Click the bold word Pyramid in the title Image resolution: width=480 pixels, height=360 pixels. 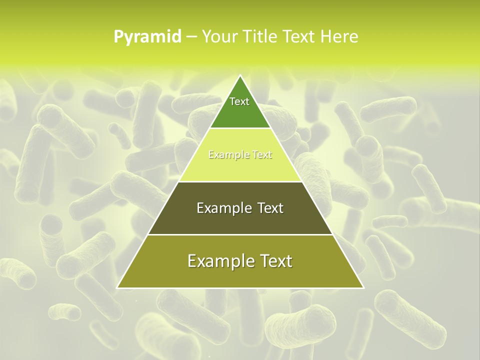point(147,37)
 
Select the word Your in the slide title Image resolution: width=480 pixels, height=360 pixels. point(219,36)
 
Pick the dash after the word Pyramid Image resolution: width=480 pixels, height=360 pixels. point(191,37)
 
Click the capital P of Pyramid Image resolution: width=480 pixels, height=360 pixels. point(118,36)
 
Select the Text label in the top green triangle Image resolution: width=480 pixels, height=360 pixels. point(239,101)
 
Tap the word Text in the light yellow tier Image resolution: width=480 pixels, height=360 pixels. point(262,155)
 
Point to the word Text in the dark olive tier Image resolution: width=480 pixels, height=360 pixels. point(270,208)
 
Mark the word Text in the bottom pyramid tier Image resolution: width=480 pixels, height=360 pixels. point(278,261)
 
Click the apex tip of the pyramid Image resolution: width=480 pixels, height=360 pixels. point(240,75)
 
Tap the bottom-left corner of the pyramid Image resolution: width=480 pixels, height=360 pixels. point(117,288)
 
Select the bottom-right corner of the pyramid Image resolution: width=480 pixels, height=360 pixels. point(363,288)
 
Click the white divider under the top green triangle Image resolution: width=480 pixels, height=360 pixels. point(240,128)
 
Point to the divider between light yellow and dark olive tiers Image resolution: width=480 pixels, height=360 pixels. point(240,181)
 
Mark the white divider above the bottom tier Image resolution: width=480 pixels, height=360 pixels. point(240,234)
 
